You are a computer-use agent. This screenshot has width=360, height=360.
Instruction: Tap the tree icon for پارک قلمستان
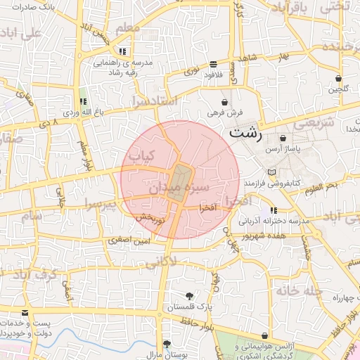(x=188, y=297)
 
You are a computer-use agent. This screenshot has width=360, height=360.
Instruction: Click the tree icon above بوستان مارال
(x=167, y=344)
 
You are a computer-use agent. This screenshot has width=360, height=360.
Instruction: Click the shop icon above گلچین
(x=339, y=78)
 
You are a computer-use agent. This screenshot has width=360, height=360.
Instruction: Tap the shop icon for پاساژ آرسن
(x=283, y=139)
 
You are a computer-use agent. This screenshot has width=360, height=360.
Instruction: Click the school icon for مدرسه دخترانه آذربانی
(x=274, y=210)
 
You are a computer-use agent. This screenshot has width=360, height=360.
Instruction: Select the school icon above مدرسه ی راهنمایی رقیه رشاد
(x=122, y=51)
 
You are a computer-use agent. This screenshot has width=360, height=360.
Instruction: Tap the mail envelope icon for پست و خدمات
(x=26, y=313)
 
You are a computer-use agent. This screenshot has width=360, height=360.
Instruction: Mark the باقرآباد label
(x=290, y=10)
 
